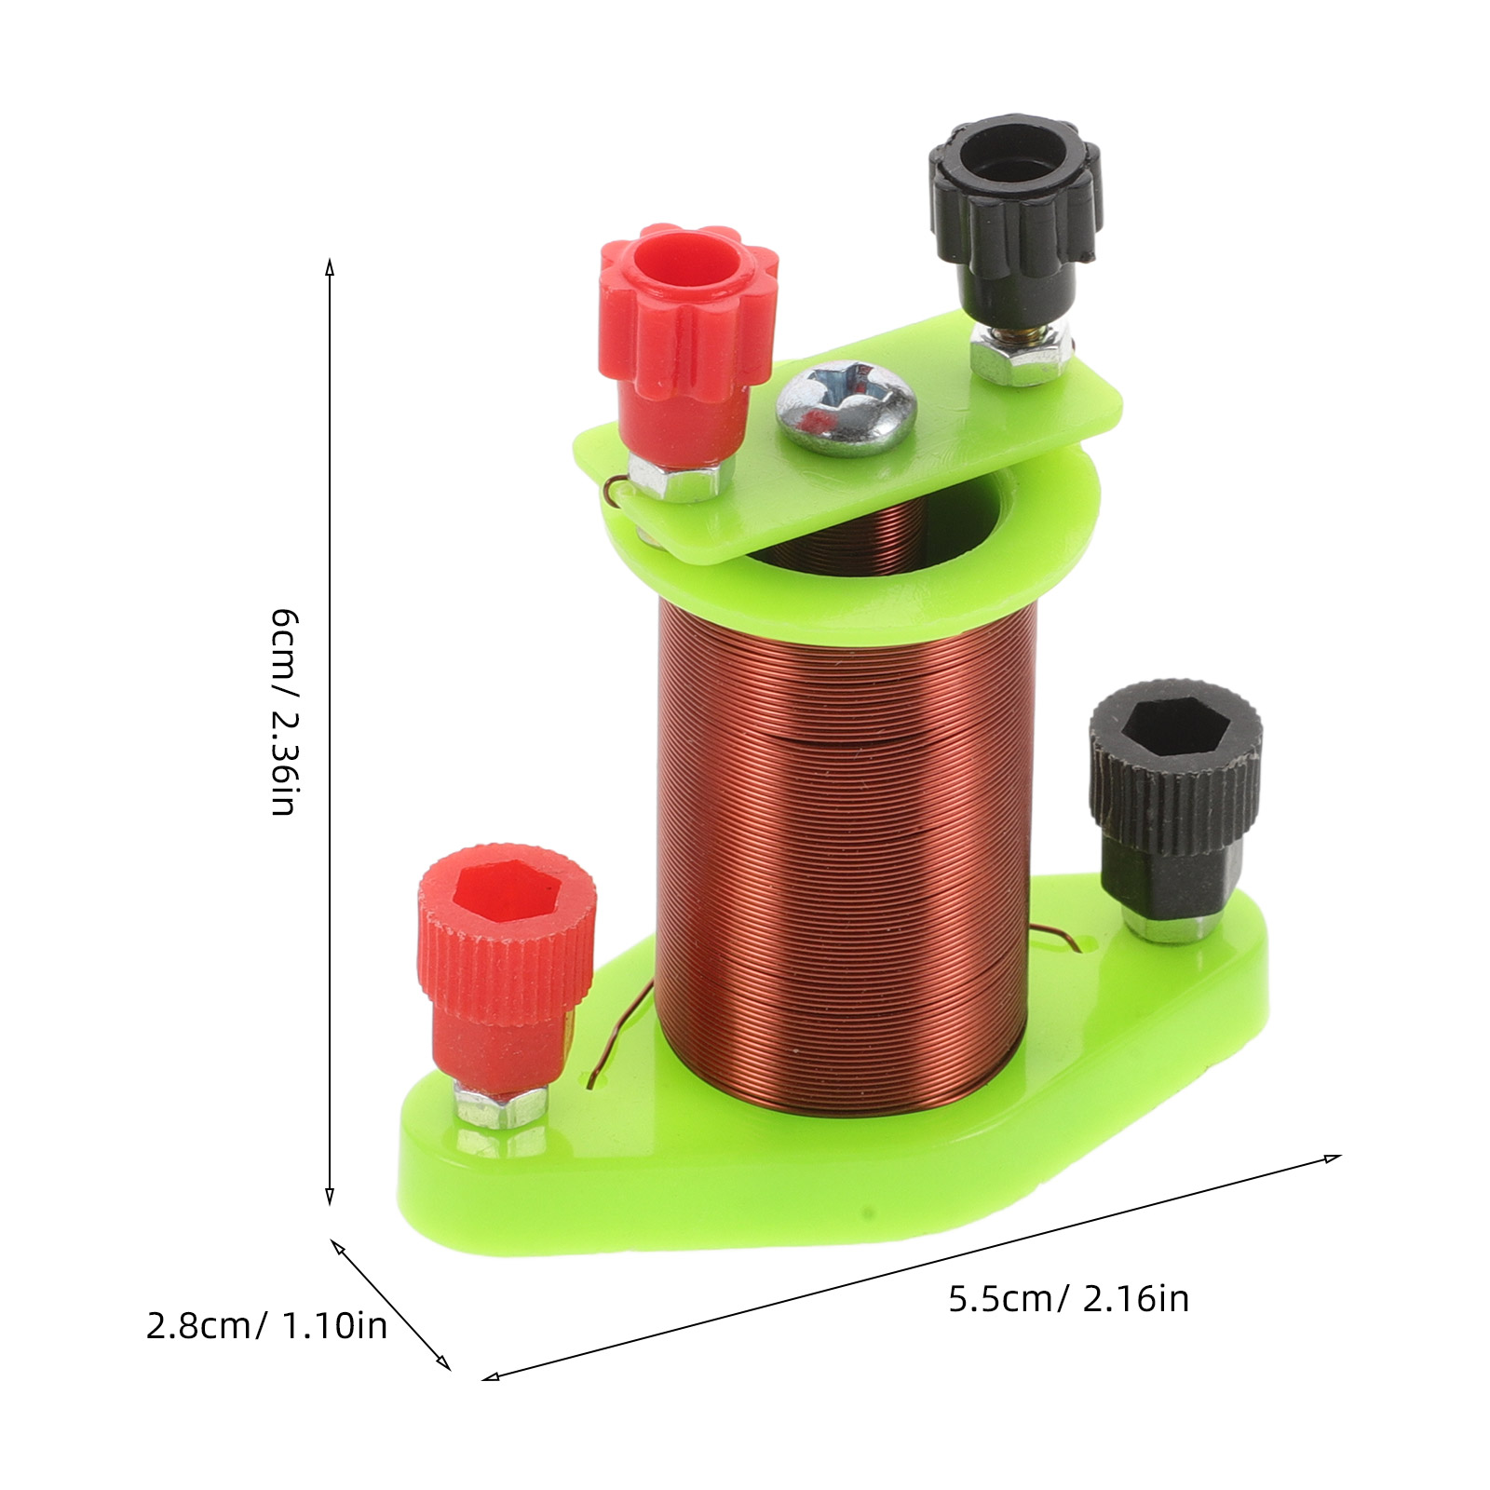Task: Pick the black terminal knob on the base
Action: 1175,801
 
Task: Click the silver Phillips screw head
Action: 847,407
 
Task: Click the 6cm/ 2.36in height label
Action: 283,712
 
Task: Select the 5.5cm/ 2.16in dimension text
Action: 1068,1298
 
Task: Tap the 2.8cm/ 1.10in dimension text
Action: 266,1325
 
